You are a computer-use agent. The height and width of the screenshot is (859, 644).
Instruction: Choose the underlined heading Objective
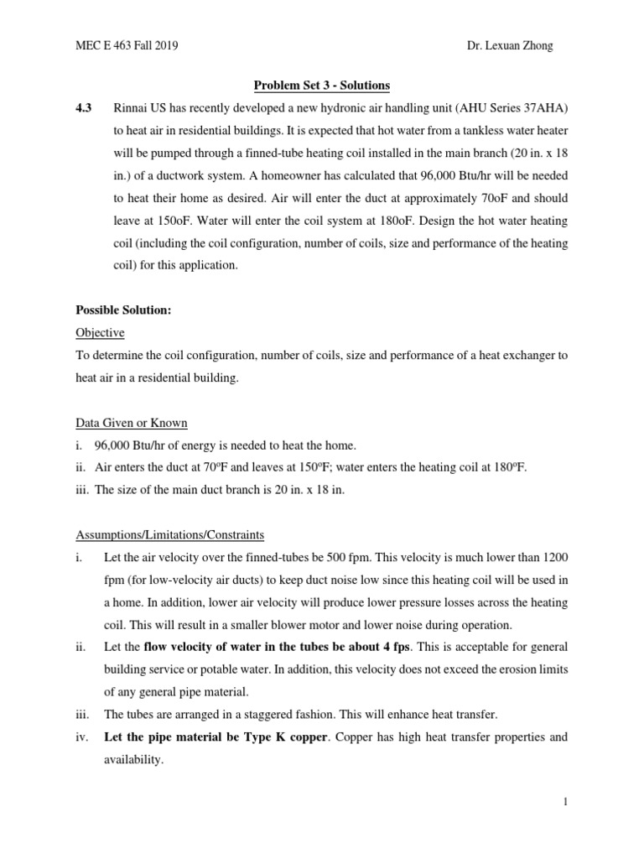pyautogui.click(x=99, y=333)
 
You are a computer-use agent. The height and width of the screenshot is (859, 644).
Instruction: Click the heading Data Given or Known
pyautogui.click(x=132, y=423)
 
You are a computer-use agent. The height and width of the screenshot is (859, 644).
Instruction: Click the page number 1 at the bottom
pyautogui.click(x=566, y=802)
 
